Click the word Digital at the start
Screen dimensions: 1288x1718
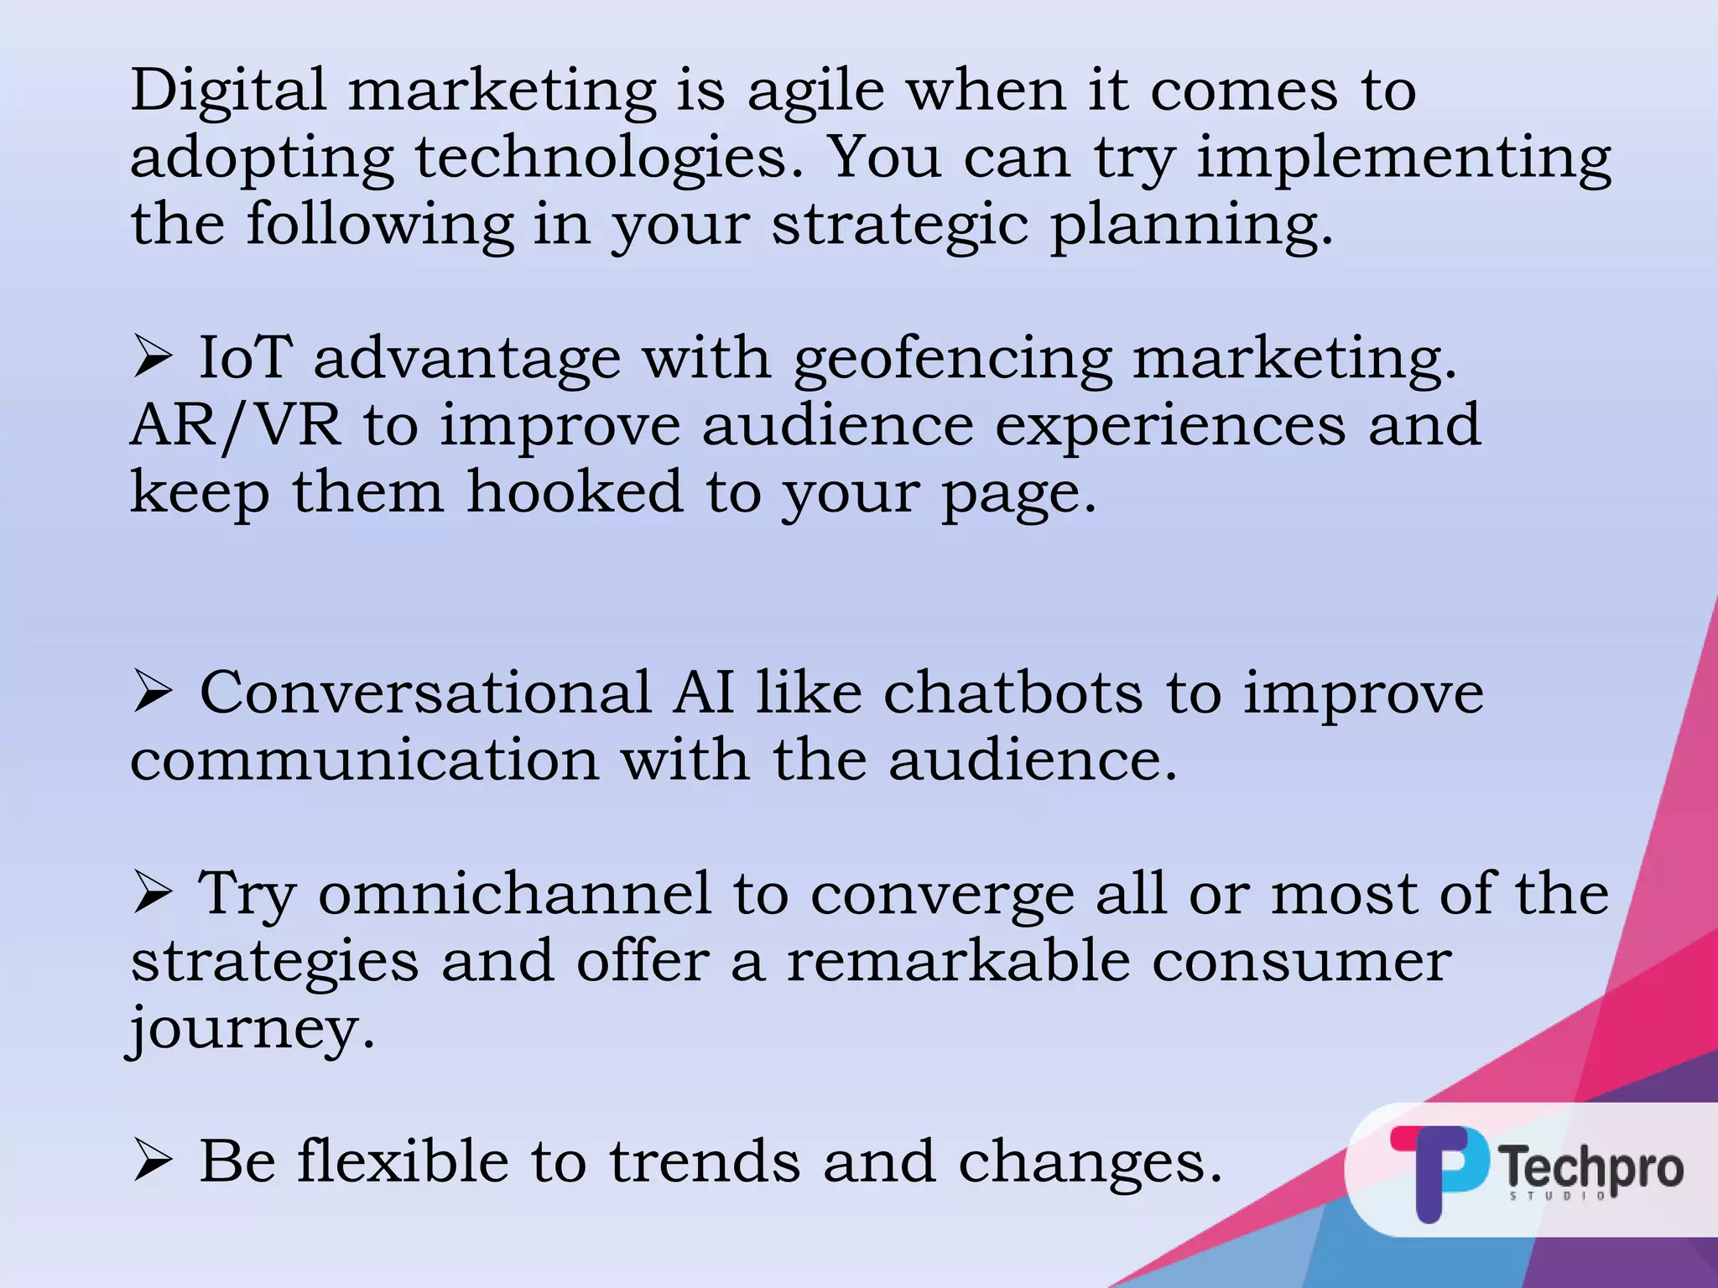[227, 90]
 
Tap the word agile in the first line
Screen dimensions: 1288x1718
[815, 91]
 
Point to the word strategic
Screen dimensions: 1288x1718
[899, 226]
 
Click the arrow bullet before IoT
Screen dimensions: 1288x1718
[153, 358]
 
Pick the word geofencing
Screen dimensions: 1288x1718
[953, 360]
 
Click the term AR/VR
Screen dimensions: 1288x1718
[236, 425]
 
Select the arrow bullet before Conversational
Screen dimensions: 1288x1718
[153, 693]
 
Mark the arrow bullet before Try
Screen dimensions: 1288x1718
[153, 894]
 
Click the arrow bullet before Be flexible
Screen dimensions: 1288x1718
[153, 1162]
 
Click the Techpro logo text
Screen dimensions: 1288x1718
[1591, 1168]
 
